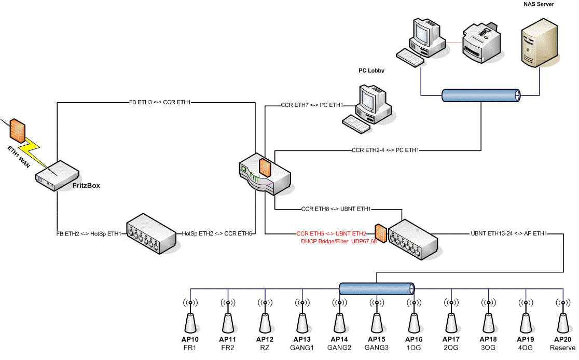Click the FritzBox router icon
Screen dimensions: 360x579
(x=57, y=175)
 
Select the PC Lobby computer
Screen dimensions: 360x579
(x=370, y=106)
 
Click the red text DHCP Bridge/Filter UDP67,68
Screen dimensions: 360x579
(x=332, y=241)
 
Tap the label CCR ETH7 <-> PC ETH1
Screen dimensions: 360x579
(x=312, y=105)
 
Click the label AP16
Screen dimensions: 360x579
(x=413, y=339)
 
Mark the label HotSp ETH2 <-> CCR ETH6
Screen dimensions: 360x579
(x=217, y=233)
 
